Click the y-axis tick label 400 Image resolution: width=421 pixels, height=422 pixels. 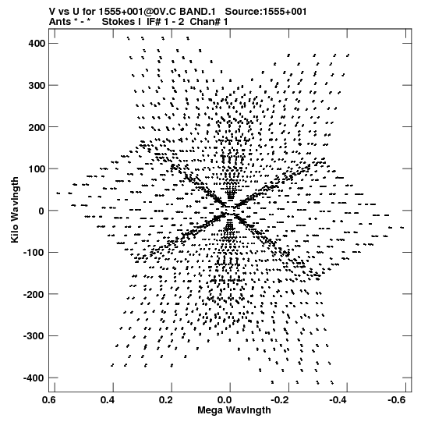tap(37, 44)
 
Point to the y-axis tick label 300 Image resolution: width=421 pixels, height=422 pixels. tap(37, 85)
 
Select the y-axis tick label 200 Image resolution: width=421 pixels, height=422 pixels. tap(37, 127)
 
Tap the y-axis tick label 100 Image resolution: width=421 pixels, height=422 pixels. tap(37, 168)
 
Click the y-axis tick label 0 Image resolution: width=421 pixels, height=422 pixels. tap(41, 211)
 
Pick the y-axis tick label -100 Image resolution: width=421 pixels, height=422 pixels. tap(34, 253)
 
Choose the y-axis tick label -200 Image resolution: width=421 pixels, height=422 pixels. tap(34, 294)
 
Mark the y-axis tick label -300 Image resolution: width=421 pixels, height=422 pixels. tap(34, 336)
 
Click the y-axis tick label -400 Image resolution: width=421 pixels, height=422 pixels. tap(34, 378)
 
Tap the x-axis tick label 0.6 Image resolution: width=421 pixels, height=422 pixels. tap(49, 400)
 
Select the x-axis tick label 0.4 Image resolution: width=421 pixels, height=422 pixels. tap(108, 400)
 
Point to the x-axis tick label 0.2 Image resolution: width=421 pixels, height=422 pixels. tap(166, 400)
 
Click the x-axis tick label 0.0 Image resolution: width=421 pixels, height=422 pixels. tap(225, 400)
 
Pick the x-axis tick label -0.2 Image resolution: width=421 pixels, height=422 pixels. tap(281, 400)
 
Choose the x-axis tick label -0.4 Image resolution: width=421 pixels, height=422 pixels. tap(340, 400)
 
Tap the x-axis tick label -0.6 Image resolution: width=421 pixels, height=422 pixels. tap(398, 400)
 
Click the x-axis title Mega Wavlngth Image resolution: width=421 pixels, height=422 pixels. tap(235, 410)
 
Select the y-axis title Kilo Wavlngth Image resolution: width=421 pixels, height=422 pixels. tap(15, 210)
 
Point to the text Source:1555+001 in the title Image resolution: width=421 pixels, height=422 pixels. tap(266, 12)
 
